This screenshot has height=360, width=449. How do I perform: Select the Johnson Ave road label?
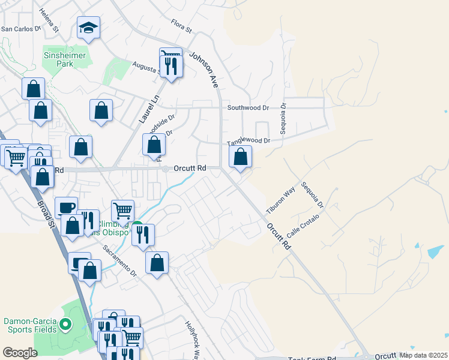coord(203,70)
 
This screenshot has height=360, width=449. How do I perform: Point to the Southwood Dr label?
coord(248,108)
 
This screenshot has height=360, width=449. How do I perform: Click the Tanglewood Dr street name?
coord(249,142)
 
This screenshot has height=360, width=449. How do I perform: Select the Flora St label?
coord(180,28)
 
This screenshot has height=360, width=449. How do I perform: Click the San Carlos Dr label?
coord(20,28)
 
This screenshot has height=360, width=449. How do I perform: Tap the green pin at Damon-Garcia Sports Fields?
coord(67,326)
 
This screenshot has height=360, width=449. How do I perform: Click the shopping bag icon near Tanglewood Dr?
coord(240,157)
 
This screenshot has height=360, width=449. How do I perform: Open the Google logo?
coord(20,353)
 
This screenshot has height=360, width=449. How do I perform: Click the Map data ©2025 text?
coord(423,355)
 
